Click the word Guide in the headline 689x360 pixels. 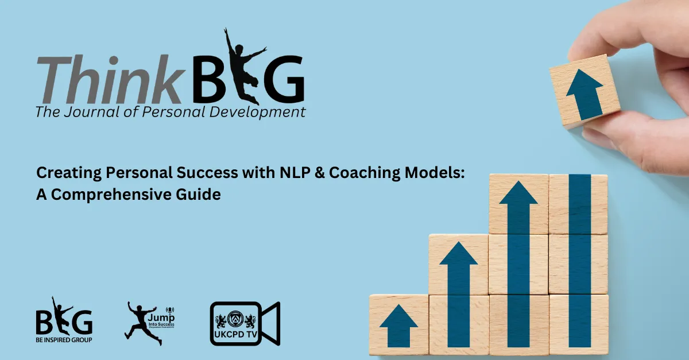click(x=202, y=195)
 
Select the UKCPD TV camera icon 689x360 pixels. click(x=245, y=323)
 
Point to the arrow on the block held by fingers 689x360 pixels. click(x=585, y=92)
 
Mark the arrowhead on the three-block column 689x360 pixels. click(x=518, y=192)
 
